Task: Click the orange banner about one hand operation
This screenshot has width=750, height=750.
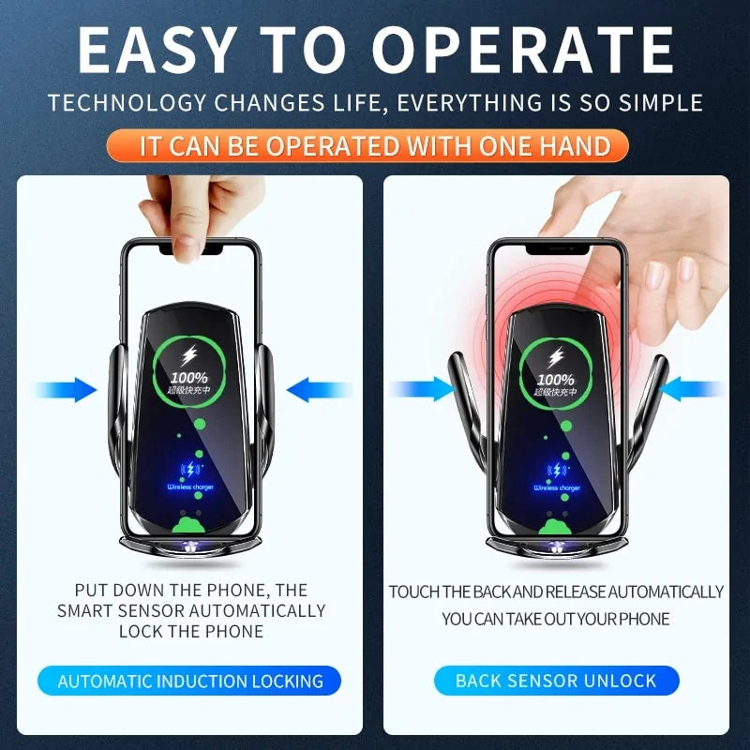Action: (x=375, y=145)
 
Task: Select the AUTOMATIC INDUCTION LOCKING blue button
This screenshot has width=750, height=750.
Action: (x=190, y=681)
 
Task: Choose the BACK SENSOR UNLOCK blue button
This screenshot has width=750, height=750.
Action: (x=556, y=681)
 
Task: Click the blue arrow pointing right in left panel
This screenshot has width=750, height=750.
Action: (x=66, y=389)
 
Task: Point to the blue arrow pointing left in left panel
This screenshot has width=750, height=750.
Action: (x=317, y=389)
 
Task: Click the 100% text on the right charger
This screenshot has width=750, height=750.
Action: (x=556, y=379)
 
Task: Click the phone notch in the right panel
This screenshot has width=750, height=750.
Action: (x=556, y=249)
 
